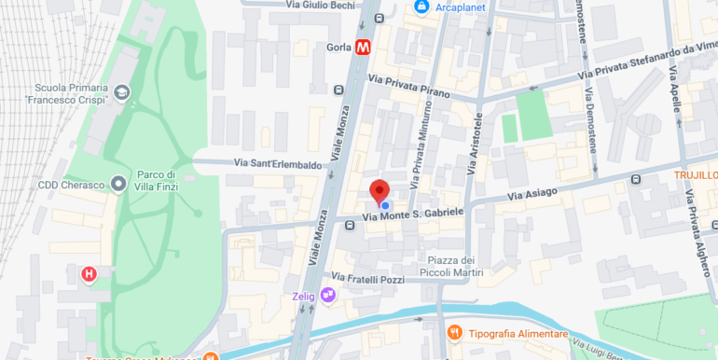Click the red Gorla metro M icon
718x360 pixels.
click(x=364, y=47)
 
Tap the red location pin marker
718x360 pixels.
click(x=380, y=191)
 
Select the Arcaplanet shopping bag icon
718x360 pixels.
click(x=421, y=7)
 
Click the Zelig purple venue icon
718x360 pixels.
click(x=327, y=296)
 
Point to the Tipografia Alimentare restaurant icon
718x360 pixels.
click(x=455, y=333)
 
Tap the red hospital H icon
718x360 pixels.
click(x=89, y=274)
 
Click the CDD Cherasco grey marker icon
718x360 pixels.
click(x=118, y=184)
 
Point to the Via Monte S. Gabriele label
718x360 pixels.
click(x=412, y=215)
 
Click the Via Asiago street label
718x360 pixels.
click(x=532, y=194)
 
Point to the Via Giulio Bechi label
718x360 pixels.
click(x=320, y=5)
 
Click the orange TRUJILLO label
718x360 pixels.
click(x=696, y=175)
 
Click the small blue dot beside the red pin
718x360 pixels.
click(x=385, y=205)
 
